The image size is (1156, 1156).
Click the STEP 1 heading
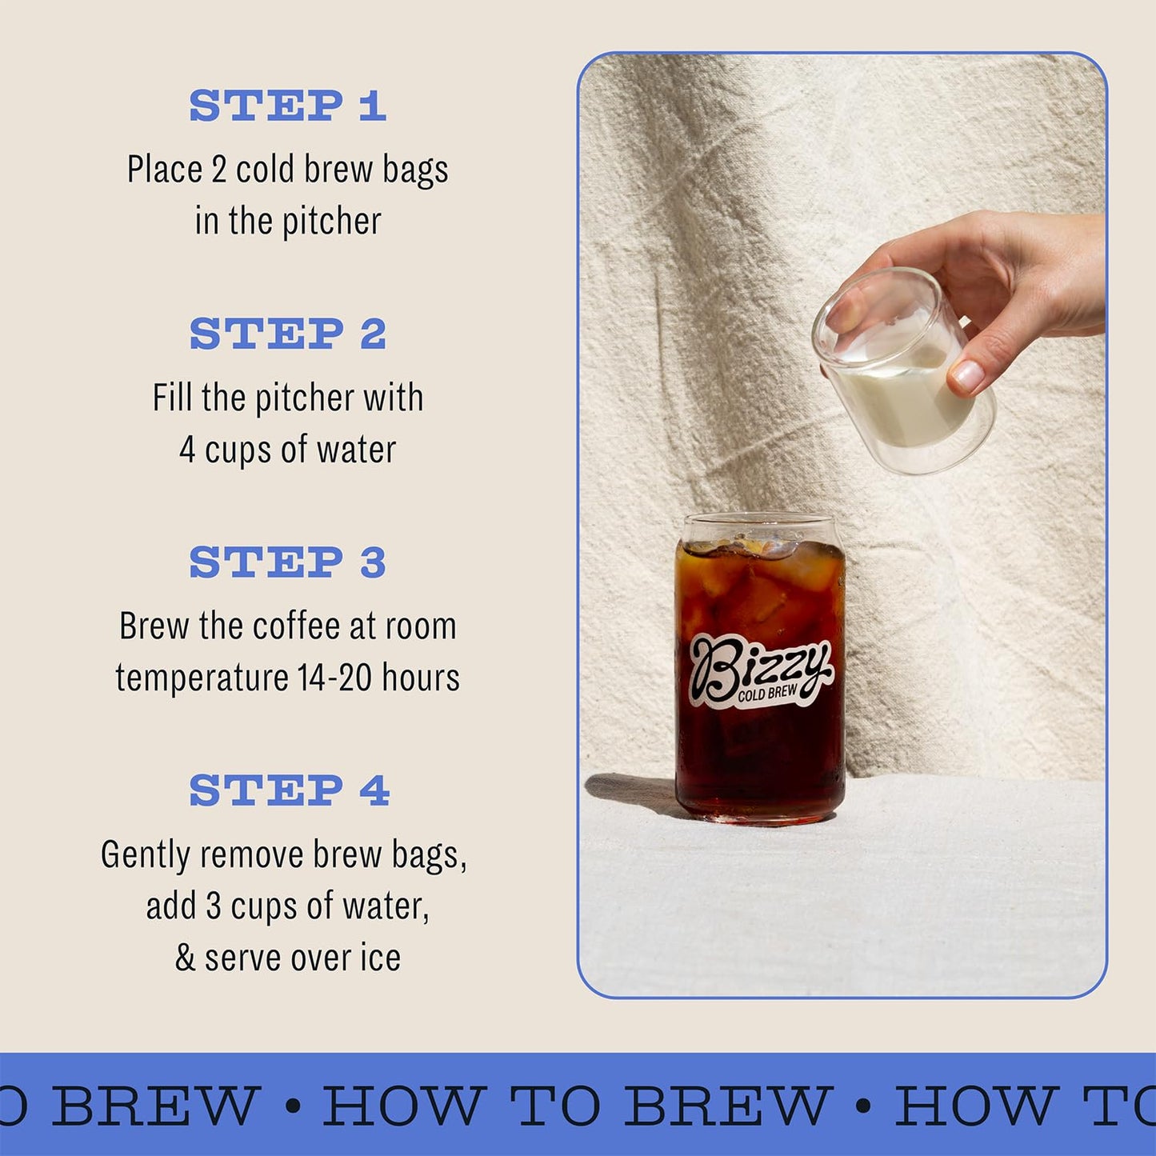point(288,106)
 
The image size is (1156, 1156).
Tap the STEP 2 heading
point(288,334)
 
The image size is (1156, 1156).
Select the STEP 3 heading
point(288,562)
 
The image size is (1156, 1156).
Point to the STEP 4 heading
point(290,790)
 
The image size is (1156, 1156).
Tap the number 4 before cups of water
point(187,450)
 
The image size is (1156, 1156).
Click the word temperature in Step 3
point(202,678)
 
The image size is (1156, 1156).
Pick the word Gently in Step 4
point(146,855)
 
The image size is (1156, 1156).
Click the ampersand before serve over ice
point(185,958)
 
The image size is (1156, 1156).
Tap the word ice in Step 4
point(380,958)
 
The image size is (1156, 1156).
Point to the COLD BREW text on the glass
point(768,694)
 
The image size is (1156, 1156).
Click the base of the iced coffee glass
point(760,812)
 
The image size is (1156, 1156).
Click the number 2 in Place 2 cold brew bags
point(219,170)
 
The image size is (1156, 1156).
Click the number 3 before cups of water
point(213,906)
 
